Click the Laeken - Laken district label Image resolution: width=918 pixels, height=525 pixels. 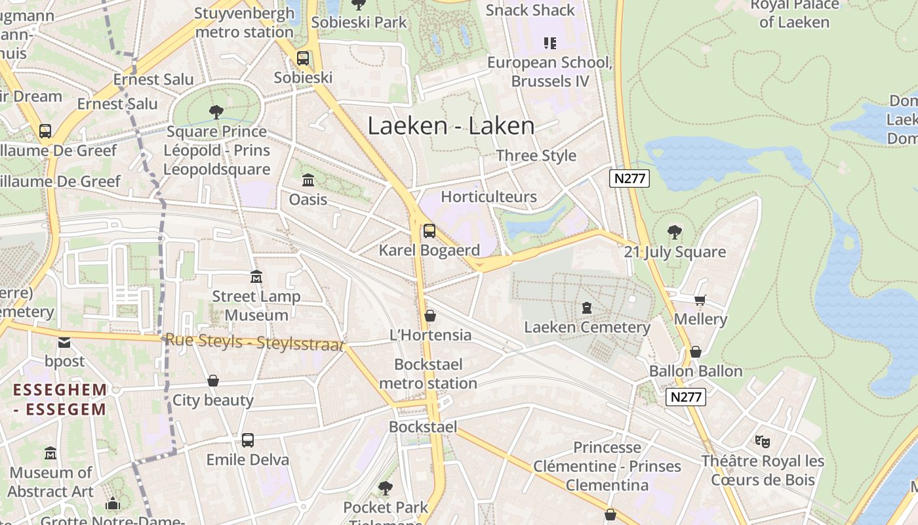[450, 125]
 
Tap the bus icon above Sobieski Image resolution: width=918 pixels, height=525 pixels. [303, 58]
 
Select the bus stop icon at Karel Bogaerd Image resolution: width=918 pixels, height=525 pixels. [429, 230]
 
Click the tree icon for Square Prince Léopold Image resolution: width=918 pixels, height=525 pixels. [216, 112]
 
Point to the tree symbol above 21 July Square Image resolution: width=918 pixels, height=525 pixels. [674, 232]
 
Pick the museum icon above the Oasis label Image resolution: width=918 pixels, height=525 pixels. [308, 179]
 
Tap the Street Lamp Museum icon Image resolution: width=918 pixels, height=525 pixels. [256, 277]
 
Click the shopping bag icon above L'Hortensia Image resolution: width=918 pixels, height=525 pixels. [430, 316]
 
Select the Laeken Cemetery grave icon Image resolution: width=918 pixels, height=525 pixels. [587, 307]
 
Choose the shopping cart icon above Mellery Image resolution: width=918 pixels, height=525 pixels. [700, 300]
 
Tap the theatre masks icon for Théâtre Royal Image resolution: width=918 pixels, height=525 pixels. [762, 441]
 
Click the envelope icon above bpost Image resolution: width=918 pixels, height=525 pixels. [64, 342]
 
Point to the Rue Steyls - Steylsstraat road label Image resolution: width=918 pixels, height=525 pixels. [254, 341]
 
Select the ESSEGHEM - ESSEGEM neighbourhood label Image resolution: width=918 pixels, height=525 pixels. [60, 400]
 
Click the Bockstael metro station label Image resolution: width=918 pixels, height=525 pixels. [428, 374]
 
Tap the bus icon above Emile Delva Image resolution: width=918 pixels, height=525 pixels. [247, 440]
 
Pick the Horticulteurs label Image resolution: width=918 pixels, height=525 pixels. [489, 197]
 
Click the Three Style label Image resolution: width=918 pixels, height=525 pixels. [536, 156]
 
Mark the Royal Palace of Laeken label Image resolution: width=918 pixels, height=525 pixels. [794, 13]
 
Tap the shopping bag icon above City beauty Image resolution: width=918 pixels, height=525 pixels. [213, 381]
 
